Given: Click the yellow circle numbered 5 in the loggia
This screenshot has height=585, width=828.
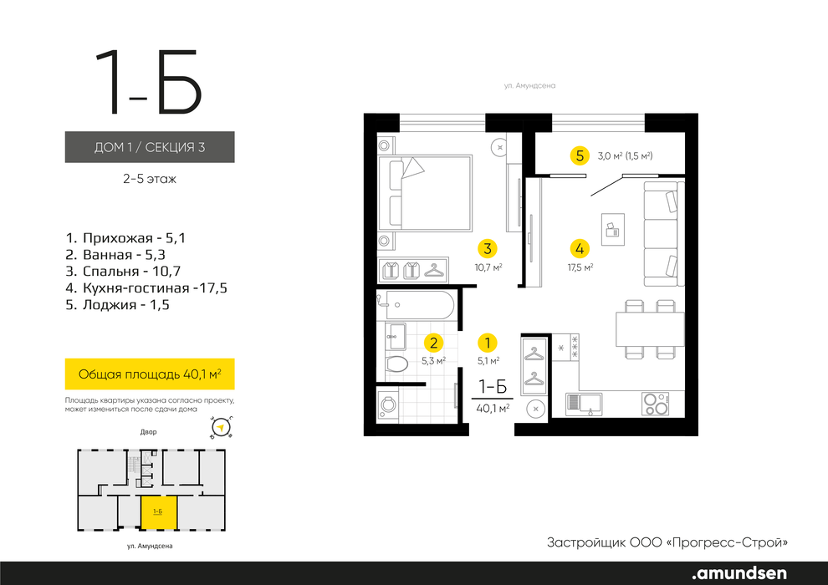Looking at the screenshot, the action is tap(580, 155).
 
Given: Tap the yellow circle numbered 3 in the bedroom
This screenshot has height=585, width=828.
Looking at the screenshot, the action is tap(488, 248).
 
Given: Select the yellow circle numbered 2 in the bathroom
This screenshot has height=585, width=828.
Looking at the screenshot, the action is tap(433, 343).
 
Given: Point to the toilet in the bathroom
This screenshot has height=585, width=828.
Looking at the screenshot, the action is tap(396, 364).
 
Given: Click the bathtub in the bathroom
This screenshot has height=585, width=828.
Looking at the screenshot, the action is tap(416, 304).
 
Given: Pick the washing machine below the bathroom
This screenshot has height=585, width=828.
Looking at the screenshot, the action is tap(387, 405).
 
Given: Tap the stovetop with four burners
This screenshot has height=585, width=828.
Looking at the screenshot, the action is tap(656, 404).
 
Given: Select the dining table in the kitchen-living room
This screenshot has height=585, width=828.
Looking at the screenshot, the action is tap(650, 328).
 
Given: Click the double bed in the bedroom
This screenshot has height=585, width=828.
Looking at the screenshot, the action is tap(425, 192).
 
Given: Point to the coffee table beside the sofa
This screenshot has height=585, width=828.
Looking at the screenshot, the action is tap(613, 230).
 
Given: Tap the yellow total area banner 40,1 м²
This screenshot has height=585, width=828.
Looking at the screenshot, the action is tap(150, 374).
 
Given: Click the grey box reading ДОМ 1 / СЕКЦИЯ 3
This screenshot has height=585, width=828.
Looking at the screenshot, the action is tap(150, 146).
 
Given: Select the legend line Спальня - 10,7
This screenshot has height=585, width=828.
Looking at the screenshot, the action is tap(123, 271).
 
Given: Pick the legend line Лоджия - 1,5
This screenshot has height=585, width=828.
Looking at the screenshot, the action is tap(117, 304).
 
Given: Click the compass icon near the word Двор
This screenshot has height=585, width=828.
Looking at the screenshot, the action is tap(222, 427).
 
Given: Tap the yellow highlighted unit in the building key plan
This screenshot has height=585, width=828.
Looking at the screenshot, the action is tap(158, 512).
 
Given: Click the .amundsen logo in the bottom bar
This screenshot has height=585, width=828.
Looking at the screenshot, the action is tap(739, 572).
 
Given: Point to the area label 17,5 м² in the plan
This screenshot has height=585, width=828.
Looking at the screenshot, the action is tap(580, 267).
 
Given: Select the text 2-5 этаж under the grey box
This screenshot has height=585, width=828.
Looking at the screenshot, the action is tap(150, 179).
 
